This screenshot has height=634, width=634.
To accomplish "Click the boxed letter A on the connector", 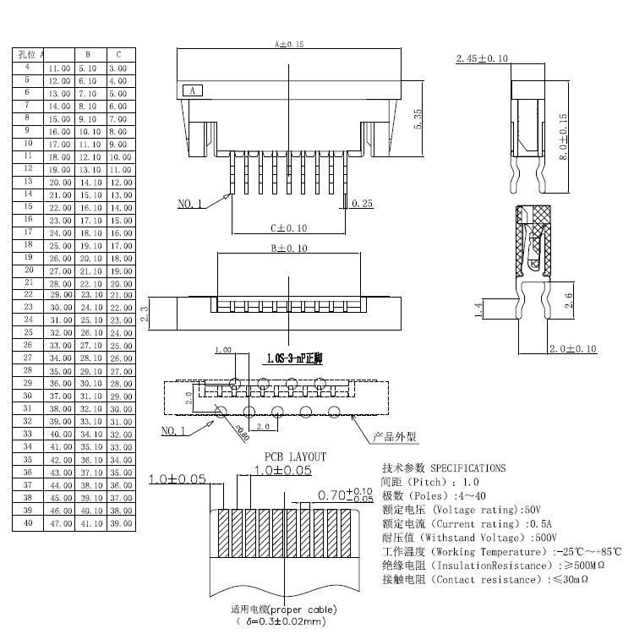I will coord(192,90).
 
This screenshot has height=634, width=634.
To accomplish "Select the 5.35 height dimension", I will coord(418,118).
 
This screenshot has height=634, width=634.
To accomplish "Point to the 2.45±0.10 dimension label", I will coord(482,58).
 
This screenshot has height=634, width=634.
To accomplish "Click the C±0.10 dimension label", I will coord(288,227).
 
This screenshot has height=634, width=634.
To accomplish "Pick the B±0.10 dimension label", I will coord(288,249).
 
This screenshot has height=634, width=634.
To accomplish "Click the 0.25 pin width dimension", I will coord(363,204).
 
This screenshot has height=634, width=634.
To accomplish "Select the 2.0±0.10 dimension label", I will coord(574,348).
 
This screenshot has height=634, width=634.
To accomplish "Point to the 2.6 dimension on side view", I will coord(569,300).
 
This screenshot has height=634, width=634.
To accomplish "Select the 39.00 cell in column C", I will coord(121,524).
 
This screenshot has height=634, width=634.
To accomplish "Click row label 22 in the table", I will coord(28,294).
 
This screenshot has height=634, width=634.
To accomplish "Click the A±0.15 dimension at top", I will coord(289,43).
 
